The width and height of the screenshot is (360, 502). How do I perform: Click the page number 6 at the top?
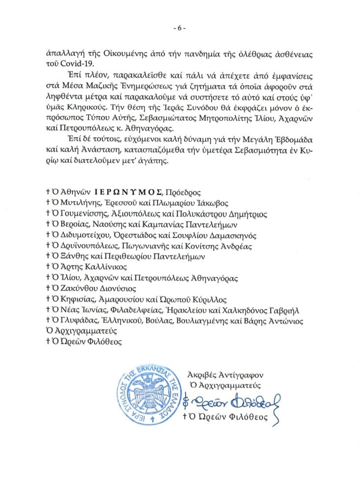click(180, 28)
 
